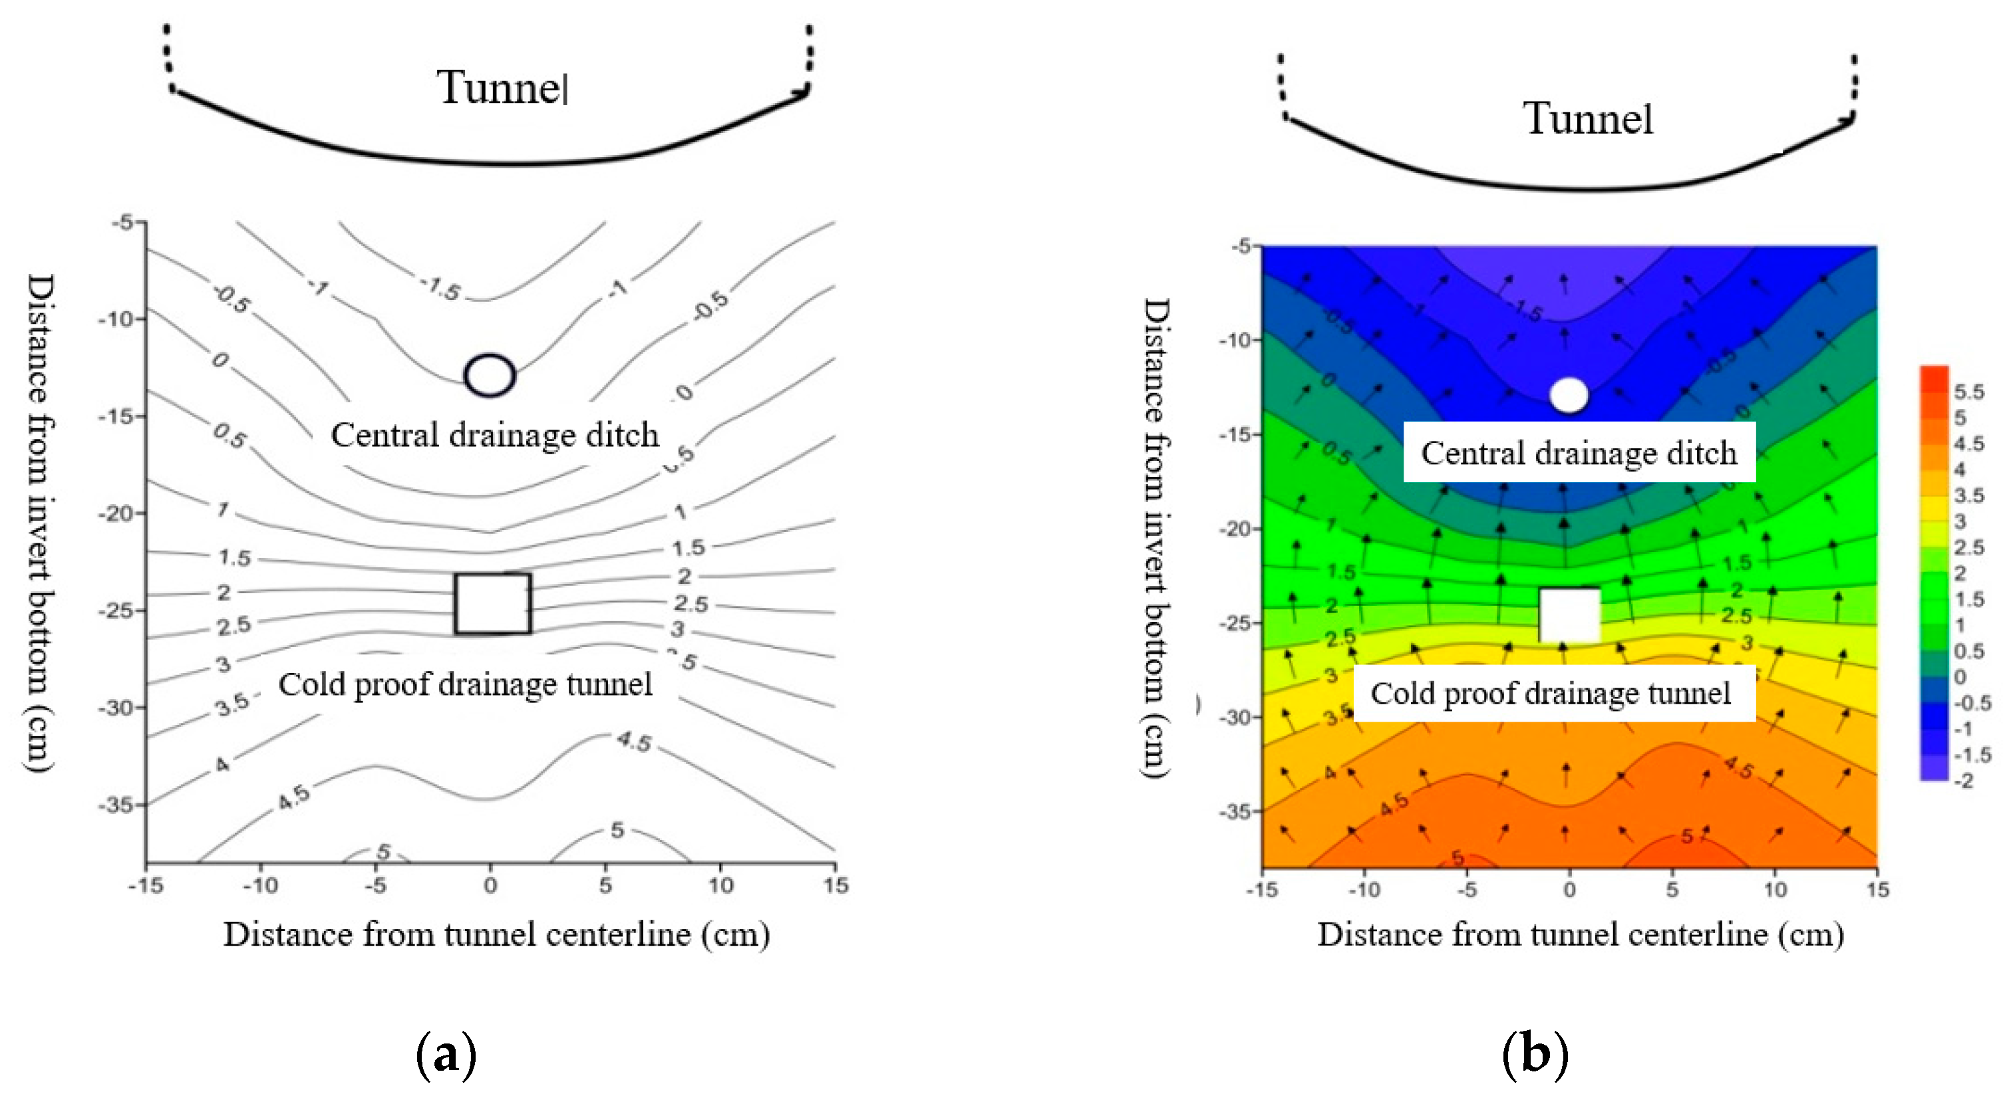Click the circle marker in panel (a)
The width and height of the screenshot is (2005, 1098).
click(490, 375)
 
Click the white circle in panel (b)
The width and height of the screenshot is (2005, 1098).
click(1569, 395)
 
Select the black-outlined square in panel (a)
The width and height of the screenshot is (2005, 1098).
click(493, 604)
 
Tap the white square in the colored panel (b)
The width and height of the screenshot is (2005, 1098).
click(1570, 615)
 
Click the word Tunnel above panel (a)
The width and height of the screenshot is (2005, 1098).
click(503, 87)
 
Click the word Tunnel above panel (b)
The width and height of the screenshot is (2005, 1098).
click(1588, 119)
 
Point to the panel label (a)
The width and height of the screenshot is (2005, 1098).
click(446, 1054)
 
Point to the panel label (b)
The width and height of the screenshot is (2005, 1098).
click(1535, 1054)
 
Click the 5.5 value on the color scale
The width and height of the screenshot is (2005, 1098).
click(1969, 392)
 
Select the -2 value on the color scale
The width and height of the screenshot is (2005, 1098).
click(1964, 781)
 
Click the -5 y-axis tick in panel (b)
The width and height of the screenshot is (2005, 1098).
click(1241, 247)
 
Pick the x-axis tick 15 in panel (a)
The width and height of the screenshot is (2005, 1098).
click(835, 886)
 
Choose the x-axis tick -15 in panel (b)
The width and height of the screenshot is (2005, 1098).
click(1262, 889)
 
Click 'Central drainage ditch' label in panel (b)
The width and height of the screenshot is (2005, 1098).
click(1579, 453)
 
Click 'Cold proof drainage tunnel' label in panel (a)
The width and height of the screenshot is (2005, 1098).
click(466, 685)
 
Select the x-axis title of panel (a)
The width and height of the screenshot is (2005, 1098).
click(496, 934)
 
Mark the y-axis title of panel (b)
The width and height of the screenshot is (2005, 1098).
click(1155, 537)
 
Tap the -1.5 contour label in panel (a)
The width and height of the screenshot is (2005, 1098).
click(441, 289)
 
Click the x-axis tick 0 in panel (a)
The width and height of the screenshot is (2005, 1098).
click(490, 886)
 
